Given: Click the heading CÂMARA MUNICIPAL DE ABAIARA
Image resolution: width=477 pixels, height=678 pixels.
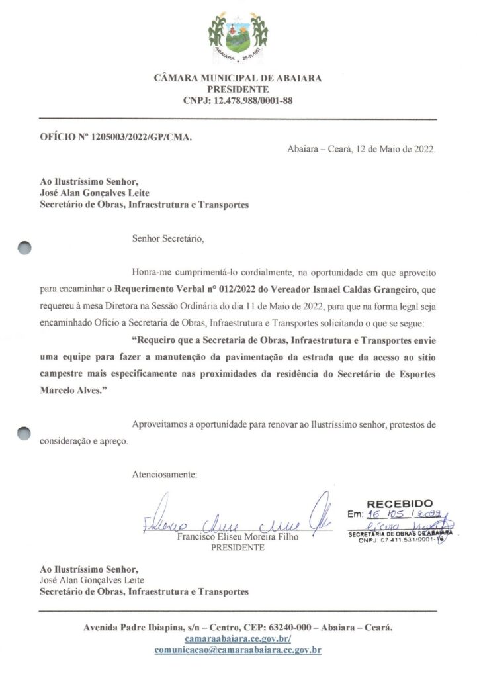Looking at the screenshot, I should point(238,78).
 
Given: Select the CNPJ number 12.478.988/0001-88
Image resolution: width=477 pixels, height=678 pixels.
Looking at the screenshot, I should point(255,101).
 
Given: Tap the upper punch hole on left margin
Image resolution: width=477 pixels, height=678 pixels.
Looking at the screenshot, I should point(24,248).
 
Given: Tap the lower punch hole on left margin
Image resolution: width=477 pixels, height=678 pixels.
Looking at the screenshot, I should point(24,432).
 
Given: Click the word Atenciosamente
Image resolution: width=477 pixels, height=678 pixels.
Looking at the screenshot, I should point(165,475).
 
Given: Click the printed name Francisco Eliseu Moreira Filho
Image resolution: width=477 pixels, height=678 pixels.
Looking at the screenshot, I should point(238,538).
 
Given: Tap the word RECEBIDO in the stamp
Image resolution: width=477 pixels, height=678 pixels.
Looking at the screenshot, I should point(400,504).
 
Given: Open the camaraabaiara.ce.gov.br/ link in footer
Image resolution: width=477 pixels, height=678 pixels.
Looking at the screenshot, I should point(238,639).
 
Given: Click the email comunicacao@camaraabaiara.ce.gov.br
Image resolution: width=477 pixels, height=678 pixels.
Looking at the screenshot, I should point(238,650).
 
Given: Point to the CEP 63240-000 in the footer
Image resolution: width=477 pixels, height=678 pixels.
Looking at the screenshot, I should point(280,626).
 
